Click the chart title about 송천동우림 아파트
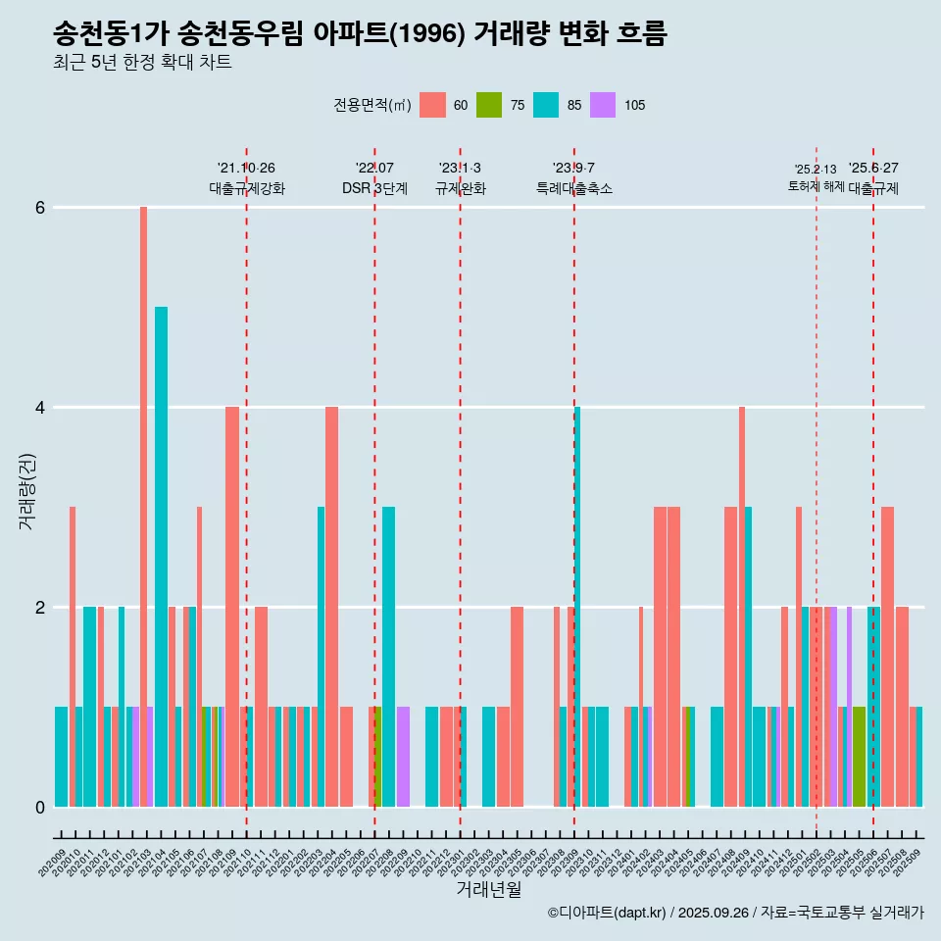click(360, 34)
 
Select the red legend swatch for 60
click(432, 105)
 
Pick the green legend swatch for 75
click(489, 105)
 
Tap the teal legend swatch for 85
click(546, 105)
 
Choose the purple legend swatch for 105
click(603, 105)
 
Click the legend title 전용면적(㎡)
click(372, 105)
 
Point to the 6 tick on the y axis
click(40, 208)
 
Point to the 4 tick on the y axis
click(40, 408)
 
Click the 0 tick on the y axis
click(40, 807)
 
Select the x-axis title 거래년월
click(488, 889)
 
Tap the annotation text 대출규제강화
click(247, 189)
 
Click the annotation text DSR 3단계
click(374, 189)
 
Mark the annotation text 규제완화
click(461, 189)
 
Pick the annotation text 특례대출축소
click(574, 189)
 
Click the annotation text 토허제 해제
click(816, 186)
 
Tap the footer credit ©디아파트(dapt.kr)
click(608, 913)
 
